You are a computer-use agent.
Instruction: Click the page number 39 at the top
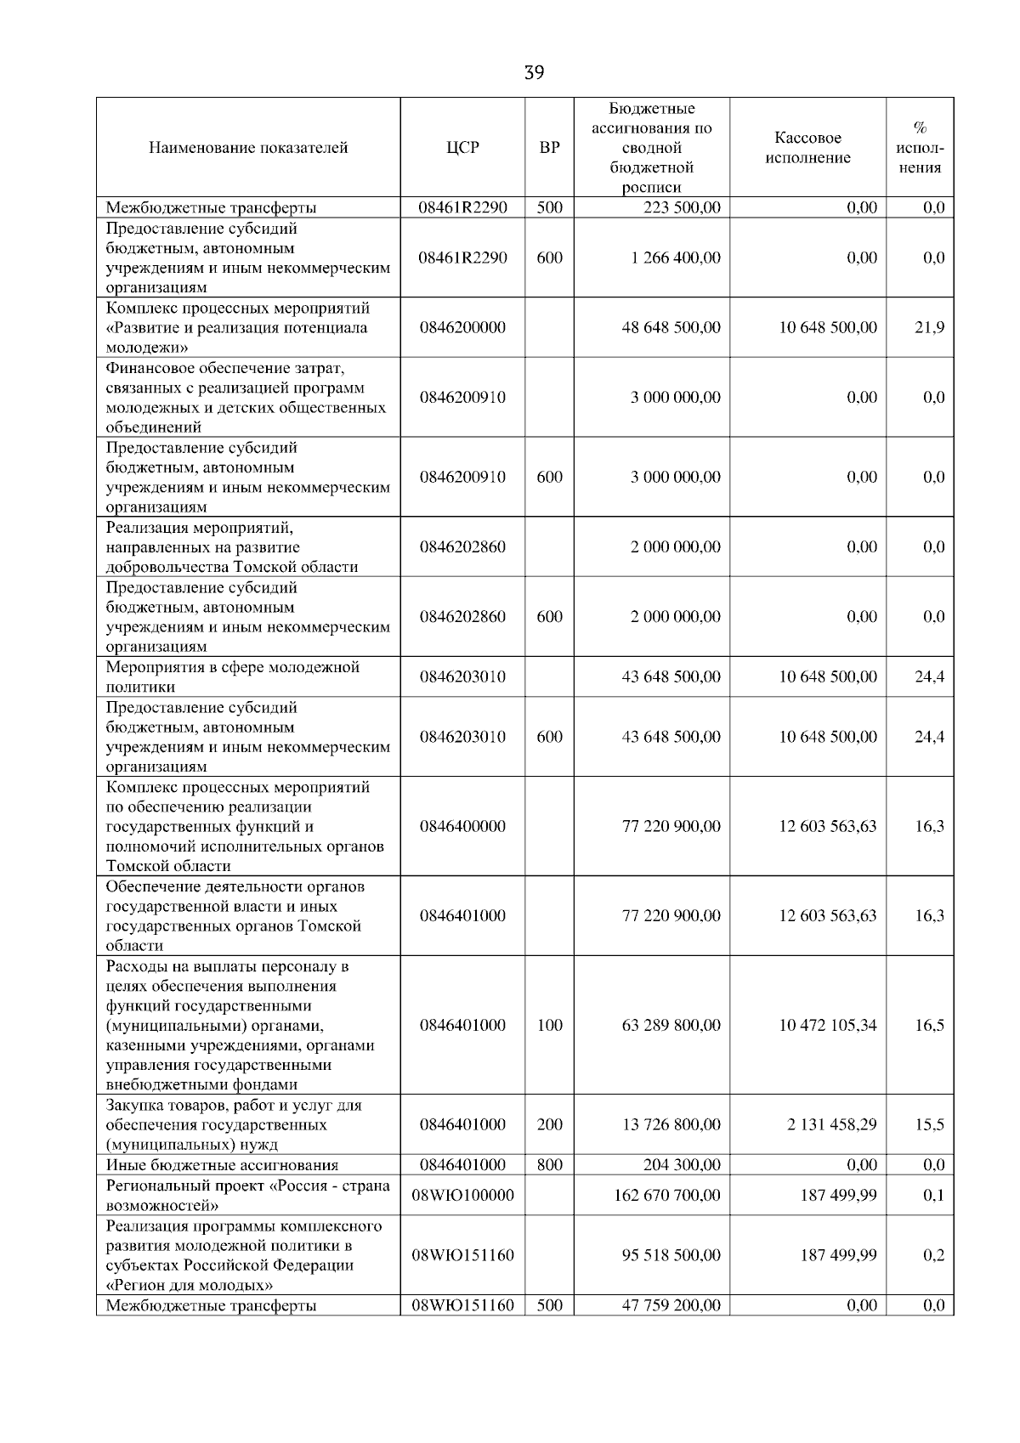coord(534,73)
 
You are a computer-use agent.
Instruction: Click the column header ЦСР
coord(462,148)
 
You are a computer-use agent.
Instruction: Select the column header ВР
coord(550,148)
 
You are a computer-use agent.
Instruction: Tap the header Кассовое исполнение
coord(807,148)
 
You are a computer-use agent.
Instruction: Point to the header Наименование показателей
coord(248,148)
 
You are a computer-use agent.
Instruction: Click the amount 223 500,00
coord(682,207)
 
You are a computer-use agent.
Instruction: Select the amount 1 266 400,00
coord(676,257)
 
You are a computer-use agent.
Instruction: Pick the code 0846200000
coord(462,327)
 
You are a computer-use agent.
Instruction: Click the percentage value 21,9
coord(929,327)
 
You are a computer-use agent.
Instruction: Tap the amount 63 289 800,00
coord(671,1025)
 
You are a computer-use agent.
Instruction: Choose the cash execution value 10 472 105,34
coord(828,1025)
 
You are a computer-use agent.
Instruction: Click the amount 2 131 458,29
coord(832,1124)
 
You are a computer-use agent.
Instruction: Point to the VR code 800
coord(550,1165)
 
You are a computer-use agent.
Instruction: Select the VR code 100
coord(550,1025)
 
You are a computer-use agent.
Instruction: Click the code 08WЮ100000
coord(462,1195)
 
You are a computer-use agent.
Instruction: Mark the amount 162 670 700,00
coord(667,1195)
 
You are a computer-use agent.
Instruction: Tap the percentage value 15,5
coord(929,1124)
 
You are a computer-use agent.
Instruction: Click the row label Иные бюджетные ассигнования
coord(222,1165)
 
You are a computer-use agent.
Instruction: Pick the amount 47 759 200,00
coord(671,1305)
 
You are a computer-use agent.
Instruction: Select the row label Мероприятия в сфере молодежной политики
coord(233,676)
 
